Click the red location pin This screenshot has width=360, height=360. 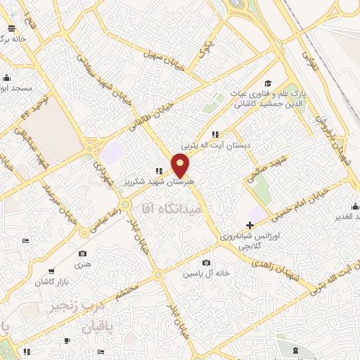coord(181,166)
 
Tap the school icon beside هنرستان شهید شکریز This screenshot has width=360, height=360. coord(160,171)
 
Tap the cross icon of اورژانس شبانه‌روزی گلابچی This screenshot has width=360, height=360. coord(250,224)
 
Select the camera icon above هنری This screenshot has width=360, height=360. coord(84,253)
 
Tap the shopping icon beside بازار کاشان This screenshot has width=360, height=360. coord(51,271)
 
